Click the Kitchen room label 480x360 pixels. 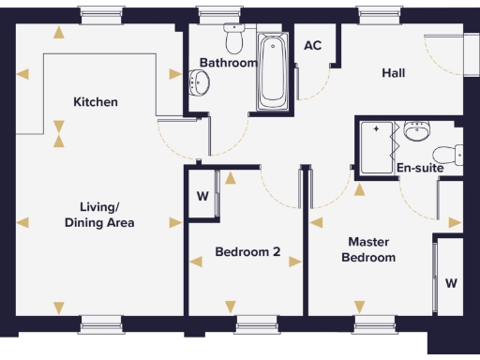pyautogui.click(x=96, y=101)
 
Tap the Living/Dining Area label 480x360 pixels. pyautogui.click(x=99, y=215)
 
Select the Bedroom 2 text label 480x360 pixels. pyautogui.click(x=247, y=251)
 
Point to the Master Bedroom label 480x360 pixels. pyautogui.click(x=367, y=249)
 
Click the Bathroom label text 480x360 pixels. pyautogui.click(x=228, y=63)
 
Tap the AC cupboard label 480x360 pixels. pyautogui.click(x=313, y=45)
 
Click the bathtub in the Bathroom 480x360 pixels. pyautogui.click(x=272, y=70)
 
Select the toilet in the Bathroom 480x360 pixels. pyautogui.click(x=233, y=40)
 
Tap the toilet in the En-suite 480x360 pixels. pyautogui.click(x=447, y=154)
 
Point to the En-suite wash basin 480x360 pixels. pyautogui.click(x=416, y=133)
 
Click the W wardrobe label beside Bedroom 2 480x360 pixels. pyautogui.click(x=202, y=197)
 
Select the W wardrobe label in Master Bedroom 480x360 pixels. pyautogui.click(x=451, y=282)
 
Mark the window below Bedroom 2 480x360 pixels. pyautogui.click(x=257, y=324)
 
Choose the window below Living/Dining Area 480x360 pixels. pyautogui.click(x=101, y=324)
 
